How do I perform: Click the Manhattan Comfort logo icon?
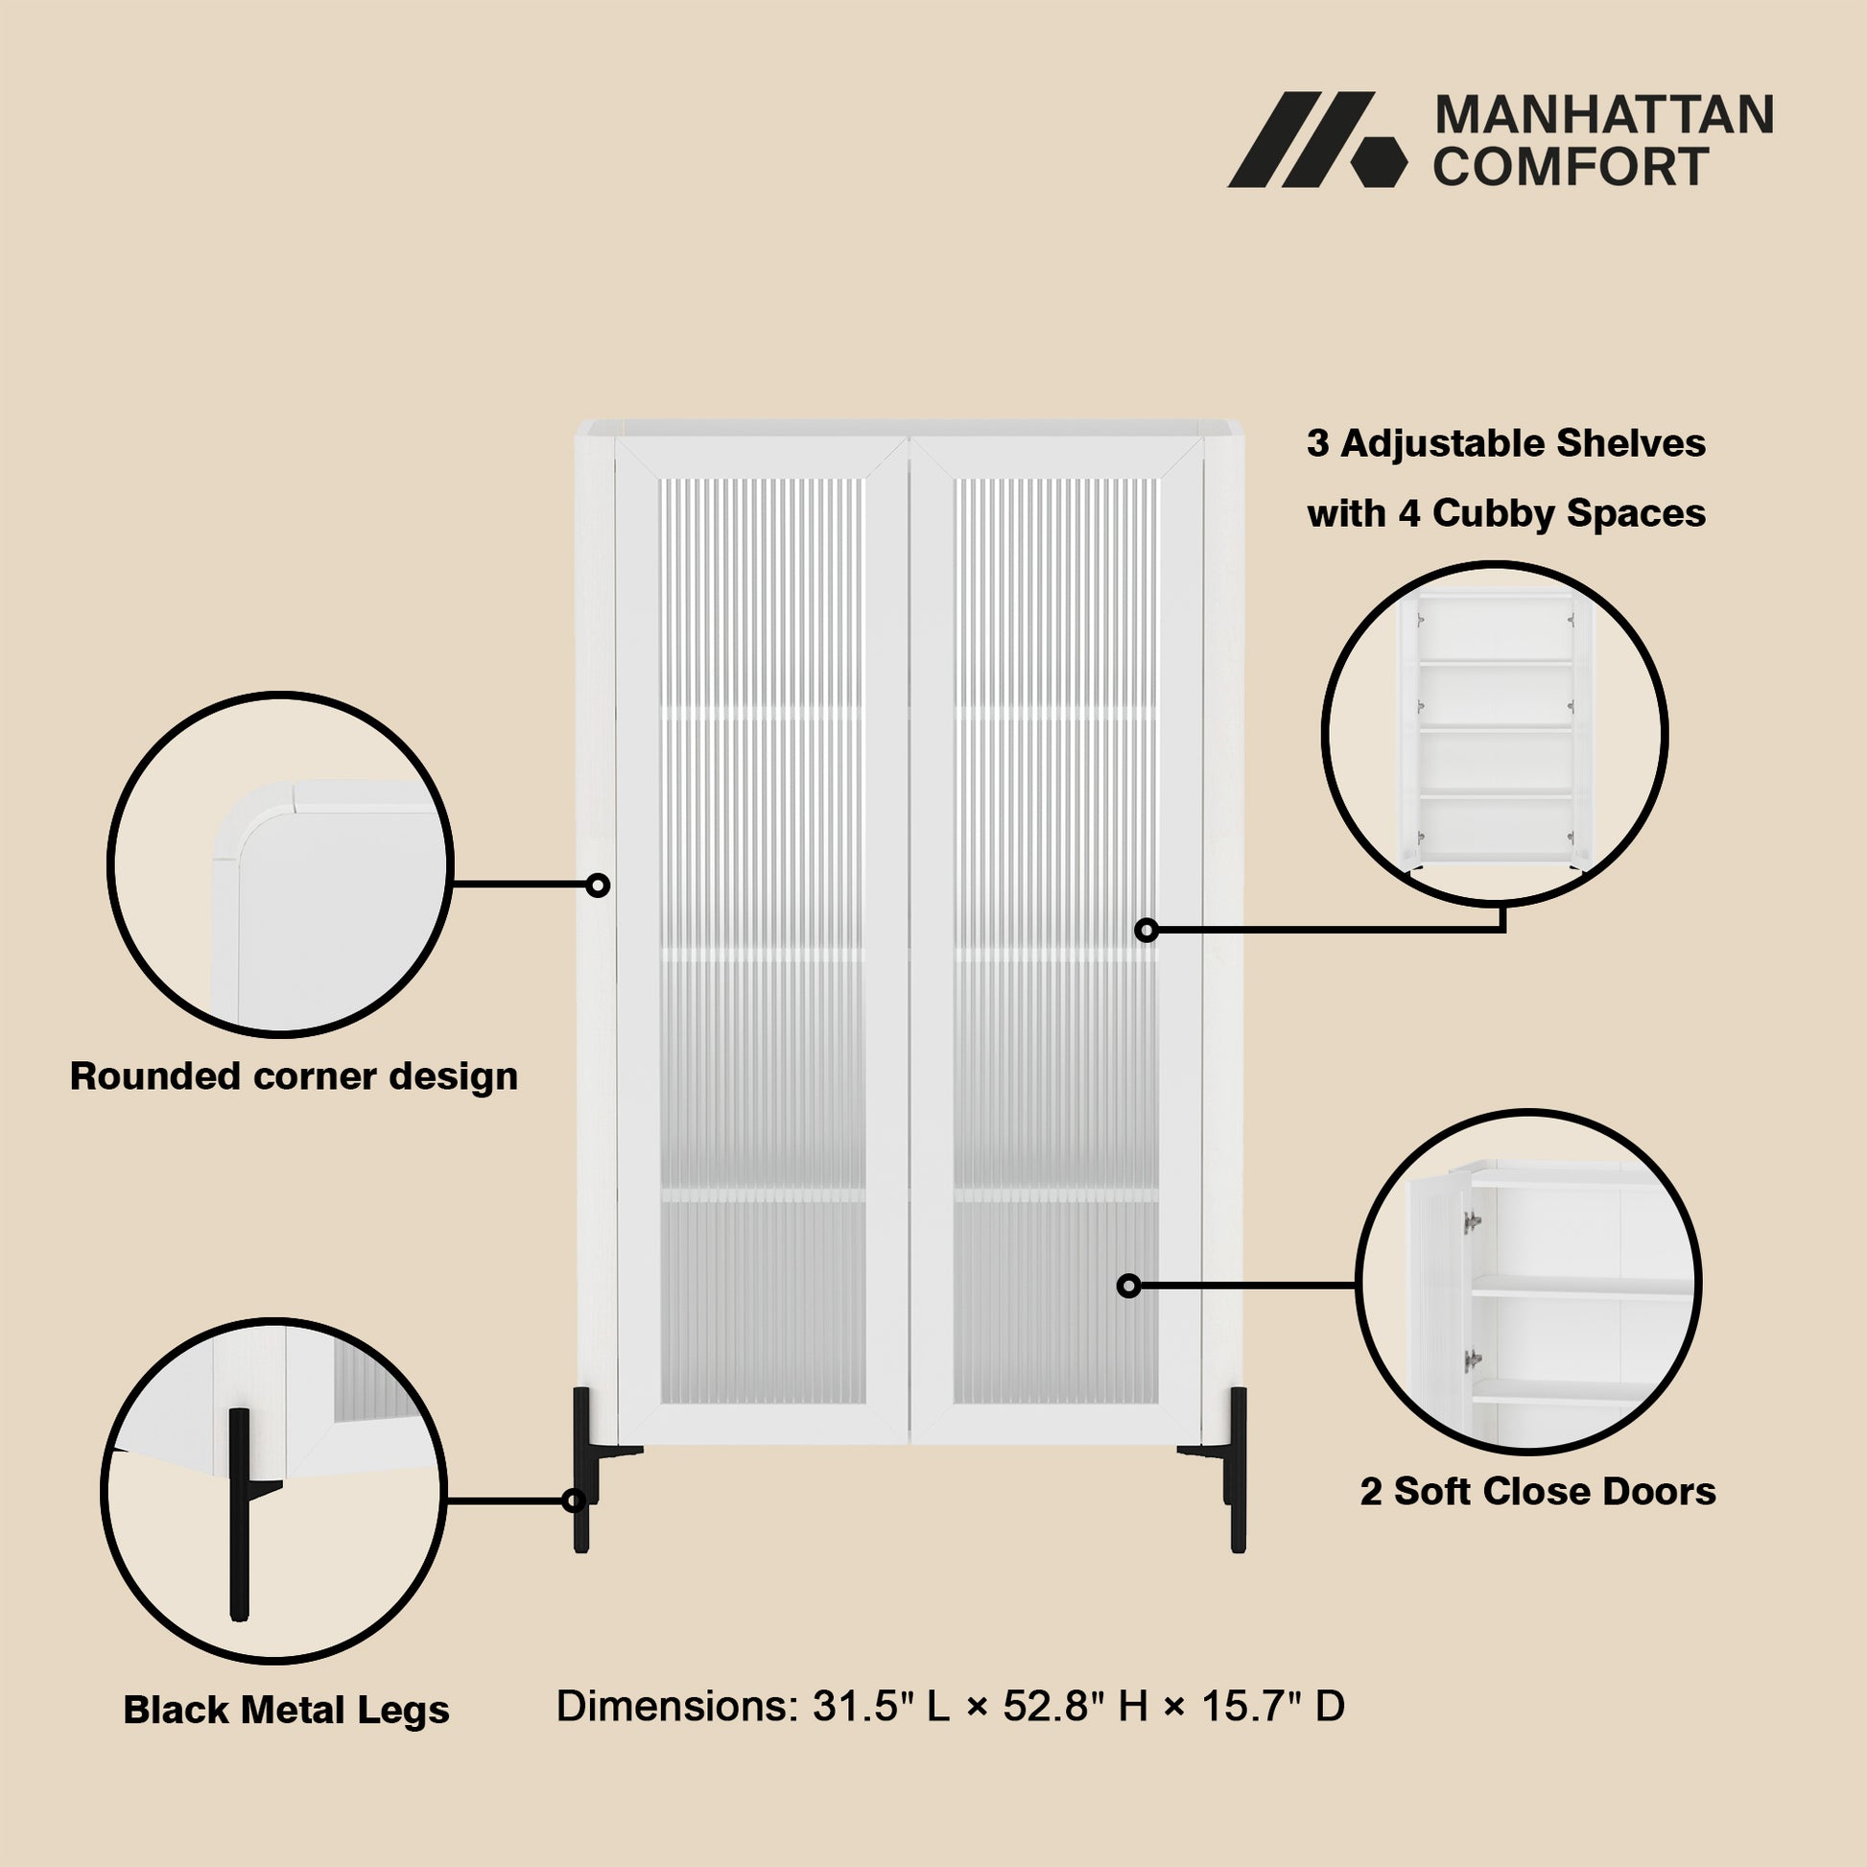1317,139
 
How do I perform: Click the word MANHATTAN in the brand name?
1604,115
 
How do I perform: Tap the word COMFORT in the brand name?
1572,166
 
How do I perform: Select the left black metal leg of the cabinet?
586,1470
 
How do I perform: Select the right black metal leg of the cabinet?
1233,1470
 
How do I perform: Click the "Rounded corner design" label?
294,1076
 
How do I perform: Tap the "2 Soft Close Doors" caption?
1539,1491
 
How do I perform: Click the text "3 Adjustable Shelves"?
1506,443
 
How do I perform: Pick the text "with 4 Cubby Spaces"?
1506,513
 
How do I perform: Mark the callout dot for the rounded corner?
598,885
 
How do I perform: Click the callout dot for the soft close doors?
1128,1286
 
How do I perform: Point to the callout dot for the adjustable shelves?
1146,930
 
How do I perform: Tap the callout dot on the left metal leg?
574,1501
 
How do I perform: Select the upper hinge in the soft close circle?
1472,1222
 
